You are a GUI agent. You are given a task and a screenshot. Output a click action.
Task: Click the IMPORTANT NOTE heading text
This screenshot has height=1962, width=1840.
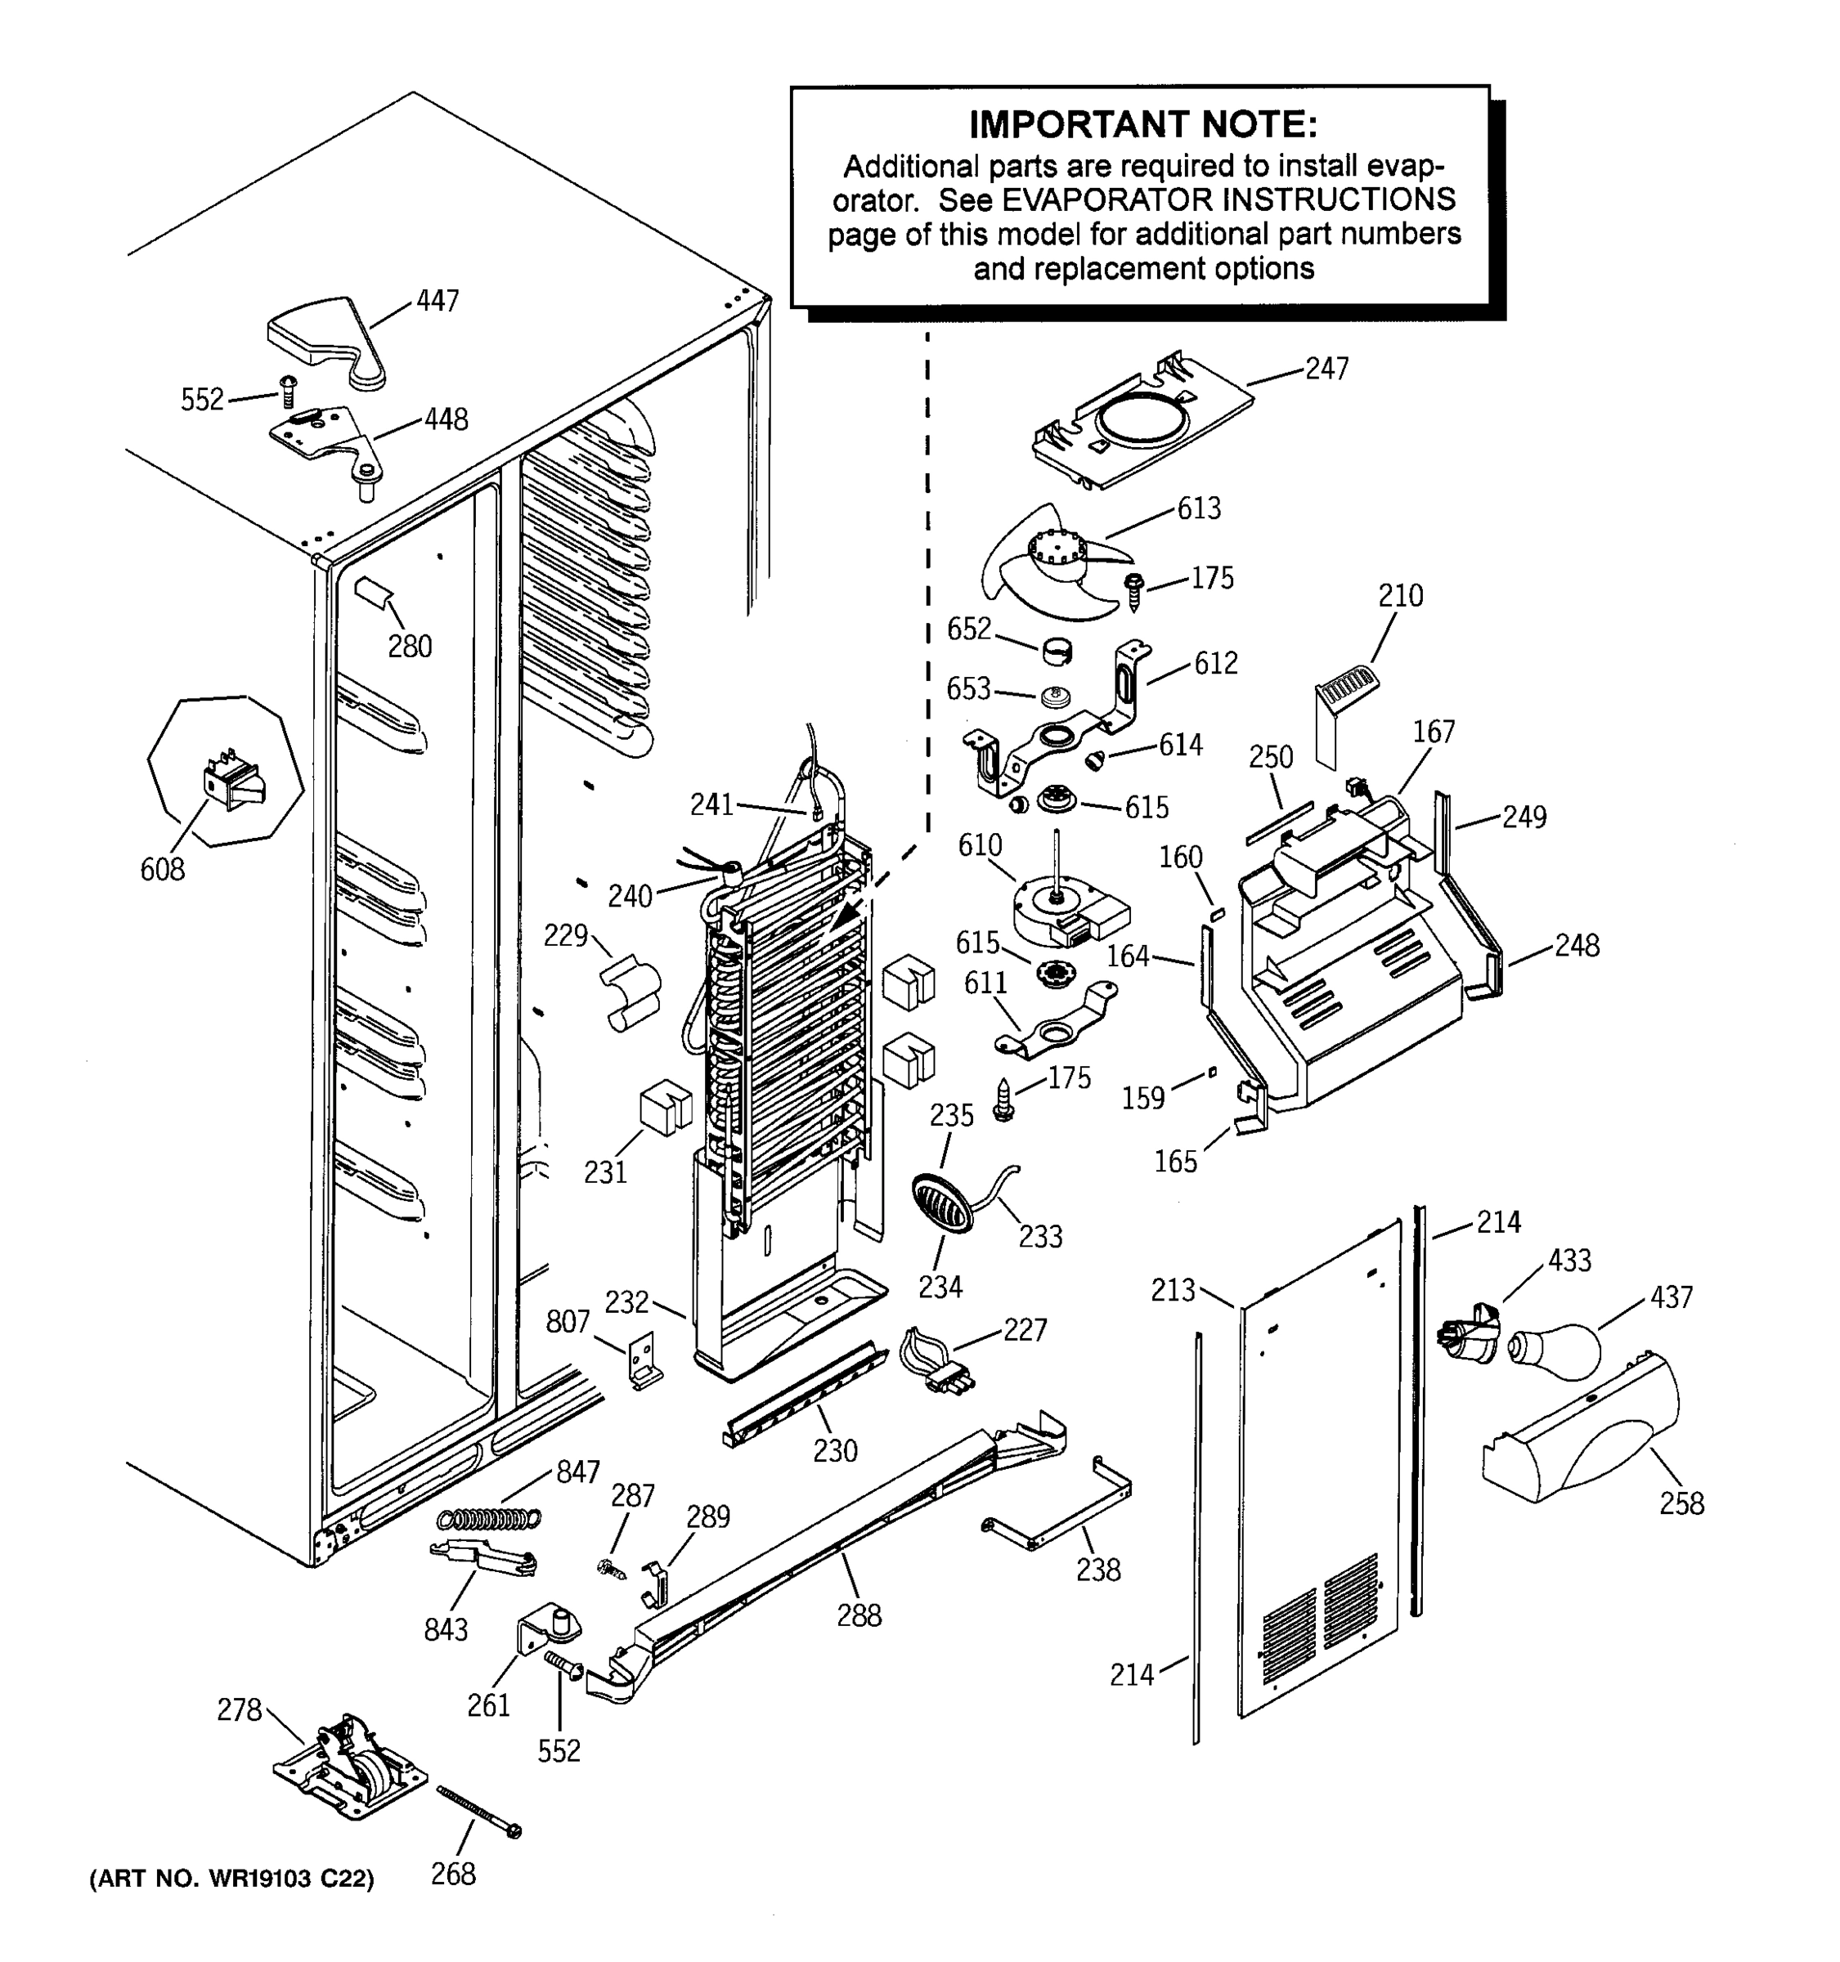tap(1142, 125)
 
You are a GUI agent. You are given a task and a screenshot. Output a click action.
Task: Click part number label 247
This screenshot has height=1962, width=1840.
tap(1326, 370)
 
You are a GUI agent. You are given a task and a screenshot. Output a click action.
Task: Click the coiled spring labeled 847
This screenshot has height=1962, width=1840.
tap(490, 1519)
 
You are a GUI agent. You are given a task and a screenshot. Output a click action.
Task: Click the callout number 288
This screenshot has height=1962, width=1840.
tap(859, 1615)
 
